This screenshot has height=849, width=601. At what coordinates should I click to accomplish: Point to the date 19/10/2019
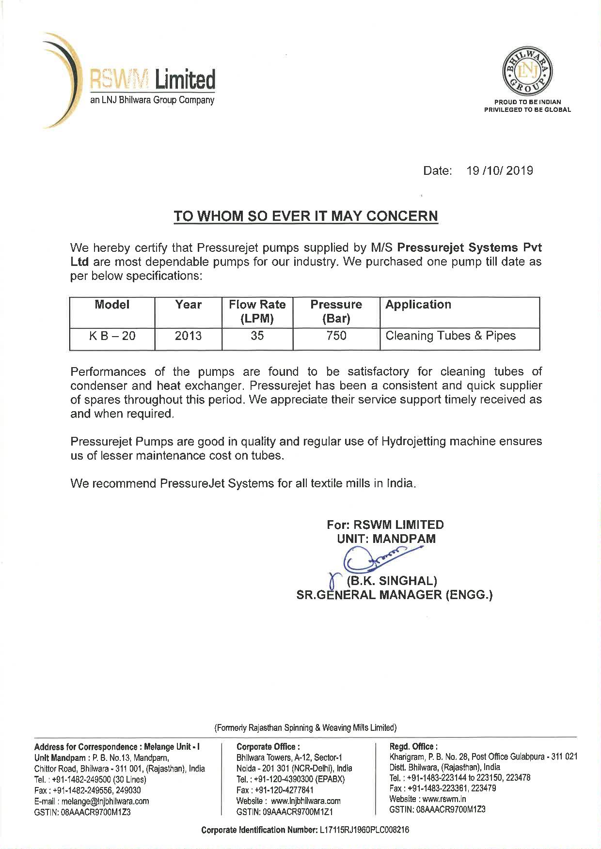(x=499, y=170)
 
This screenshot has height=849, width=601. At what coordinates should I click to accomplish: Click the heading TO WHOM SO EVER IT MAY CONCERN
(x=306, y=216)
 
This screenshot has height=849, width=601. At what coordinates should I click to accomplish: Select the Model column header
(x=112, y=305)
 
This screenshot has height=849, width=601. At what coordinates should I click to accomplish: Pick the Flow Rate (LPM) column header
(x=257, y=311)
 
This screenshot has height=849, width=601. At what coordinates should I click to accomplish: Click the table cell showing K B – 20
(x=112, y=336)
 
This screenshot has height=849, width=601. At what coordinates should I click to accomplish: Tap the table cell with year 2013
(x=188, y=336)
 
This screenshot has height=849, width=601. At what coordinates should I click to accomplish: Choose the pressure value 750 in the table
(x=336, y=336)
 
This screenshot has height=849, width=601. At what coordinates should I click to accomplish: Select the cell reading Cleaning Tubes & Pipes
(x=450, y=336)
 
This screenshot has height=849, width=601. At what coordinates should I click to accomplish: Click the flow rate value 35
(x=257, y=336)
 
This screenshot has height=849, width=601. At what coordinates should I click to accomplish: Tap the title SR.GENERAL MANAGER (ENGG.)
(x=394, y=595)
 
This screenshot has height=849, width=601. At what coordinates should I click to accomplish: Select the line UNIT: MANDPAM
(x=386, y=539)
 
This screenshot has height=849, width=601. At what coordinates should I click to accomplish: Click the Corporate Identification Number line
(x=305, y=830)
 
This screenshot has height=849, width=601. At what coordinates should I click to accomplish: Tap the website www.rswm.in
(x=427, y=799)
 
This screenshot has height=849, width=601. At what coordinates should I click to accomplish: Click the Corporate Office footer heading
(x=268, y=747)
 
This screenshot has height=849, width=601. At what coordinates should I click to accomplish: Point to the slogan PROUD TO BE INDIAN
(x=527, y=102)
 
